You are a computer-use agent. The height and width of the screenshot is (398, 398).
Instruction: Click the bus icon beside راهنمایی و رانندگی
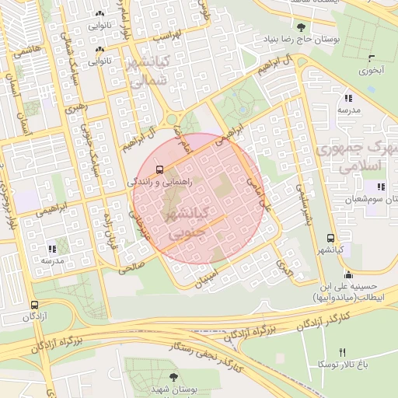pos(159,169)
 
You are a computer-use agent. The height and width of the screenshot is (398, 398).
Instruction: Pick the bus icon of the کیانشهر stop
pos(331,239)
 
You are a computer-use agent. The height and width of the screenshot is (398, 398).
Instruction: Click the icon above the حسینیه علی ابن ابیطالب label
pos(347,274)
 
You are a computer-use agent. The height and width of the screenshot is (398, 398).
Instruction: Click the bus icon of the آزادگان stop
pos(31,305)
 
